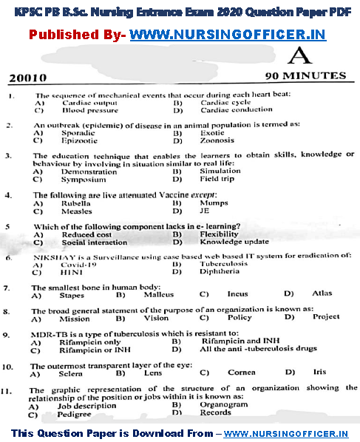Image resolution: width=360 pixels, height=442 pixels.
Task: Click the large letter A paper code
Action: (x=298, y=56)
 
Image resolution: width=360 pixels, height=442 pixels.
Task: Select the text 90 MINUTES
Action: (x=305, y=76)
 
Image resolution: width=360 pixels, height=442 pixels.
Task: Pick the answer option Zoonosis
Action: (x=217, y=140)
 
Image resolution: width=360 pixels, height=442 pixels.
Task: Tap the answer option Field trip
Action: (x=217, y=179)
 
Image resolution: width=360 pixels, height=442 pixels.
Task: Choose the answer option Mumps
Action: (x=214, y=203)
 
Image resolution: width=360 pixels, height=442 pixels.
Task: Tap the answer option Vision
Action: (x=156, y=318)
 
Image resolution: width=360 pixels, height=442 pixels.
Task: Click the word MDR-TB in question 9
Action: (x=50, y=335)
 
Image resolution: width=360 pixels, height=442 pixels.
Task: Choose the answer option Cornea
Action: (x=241, y=373)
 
